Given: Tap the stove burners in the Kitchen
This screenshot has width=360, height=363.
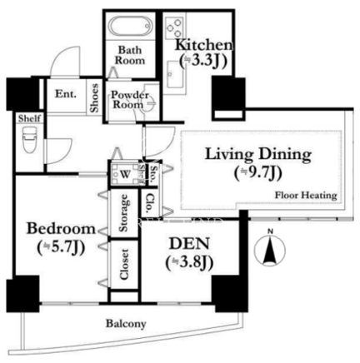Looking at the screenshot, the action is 174,27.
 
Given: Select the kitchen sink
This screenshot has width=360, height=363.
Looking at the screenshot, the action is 175,74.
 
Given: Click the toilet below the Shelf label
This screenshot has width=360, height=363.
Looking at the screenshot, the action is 29,139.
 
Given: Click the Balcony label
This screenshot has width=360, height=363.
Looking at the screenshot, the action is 126,324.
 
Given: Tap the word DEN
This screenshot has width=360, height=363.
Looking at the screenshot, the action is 189,244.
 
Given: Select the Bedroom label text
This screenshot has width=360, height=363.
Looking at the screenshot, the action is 61,229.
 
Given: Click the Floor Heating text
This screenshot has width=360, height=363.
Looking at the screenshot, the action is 306,196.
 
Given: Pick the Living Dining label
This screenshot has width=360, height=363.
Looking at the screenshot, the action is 258,154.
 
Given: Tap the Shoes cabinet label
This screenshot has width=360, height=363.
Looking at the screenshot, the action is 94,98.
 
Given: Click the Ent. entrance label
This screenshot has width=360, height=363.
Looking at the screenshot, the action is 66,94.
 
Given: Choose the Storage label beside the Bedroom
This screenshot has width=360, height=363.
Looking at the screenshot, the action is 124,213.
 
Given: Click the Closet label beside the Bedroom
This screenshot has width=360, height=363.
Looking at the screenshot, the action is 124,264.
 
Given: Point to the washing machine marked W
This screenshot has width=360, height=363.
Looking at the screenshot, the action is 125,174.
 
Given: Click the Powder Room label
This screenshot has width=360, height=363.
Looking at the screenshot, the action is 129,100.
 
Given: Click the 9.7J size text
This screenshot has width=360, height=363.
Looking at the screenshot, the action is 258,174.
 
